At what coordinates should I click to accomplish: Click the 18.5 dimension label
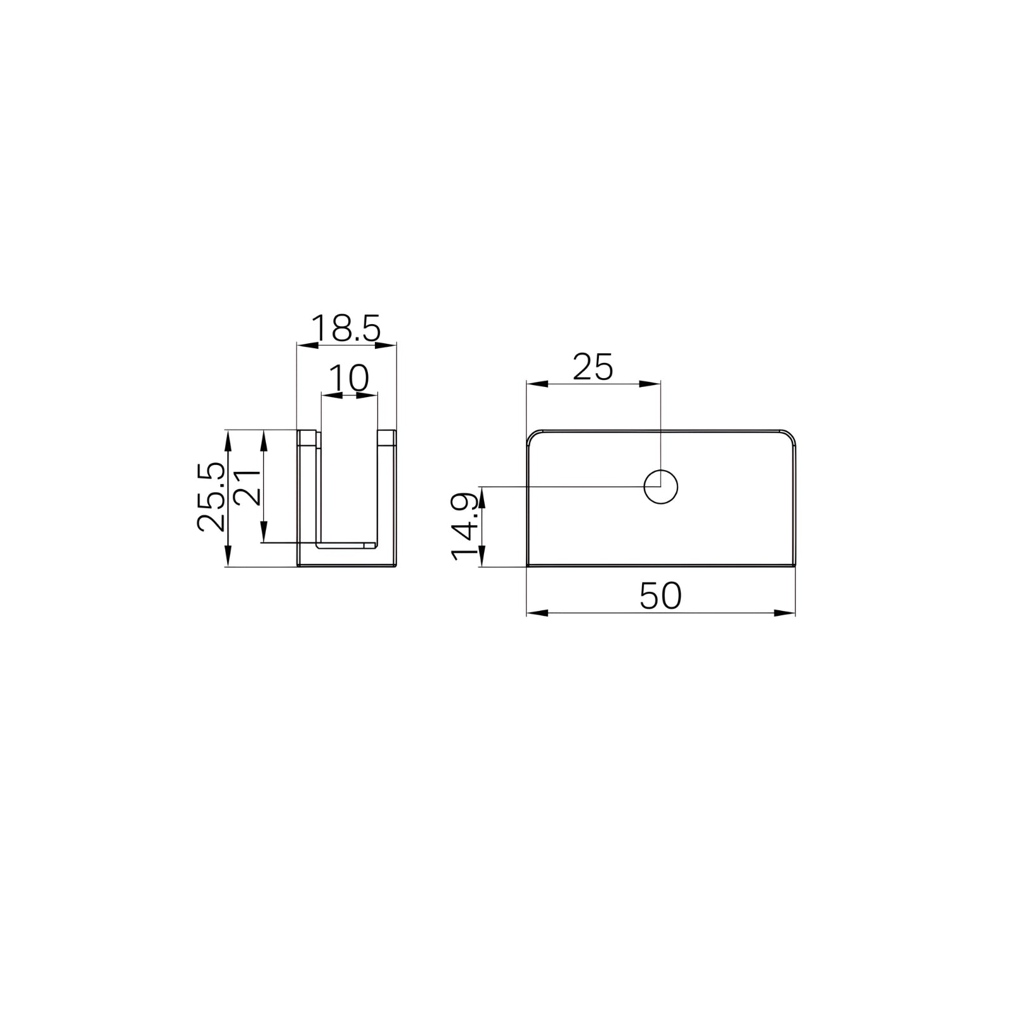tap(346, 329)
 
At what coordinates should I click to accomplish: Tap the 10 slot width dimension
tap(349, 379)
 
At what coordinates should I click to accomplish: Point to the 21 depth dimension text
tap(247, 487)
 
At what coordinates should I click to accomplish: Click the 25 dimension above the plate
tap(593, 367)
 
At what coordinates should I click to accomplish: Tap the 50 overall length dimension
tap(660, 596)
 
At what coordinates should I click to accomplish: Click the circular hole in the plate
tap(660, 487)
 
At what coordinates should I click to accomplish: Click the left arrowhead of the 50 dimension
tap(537, 613)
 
